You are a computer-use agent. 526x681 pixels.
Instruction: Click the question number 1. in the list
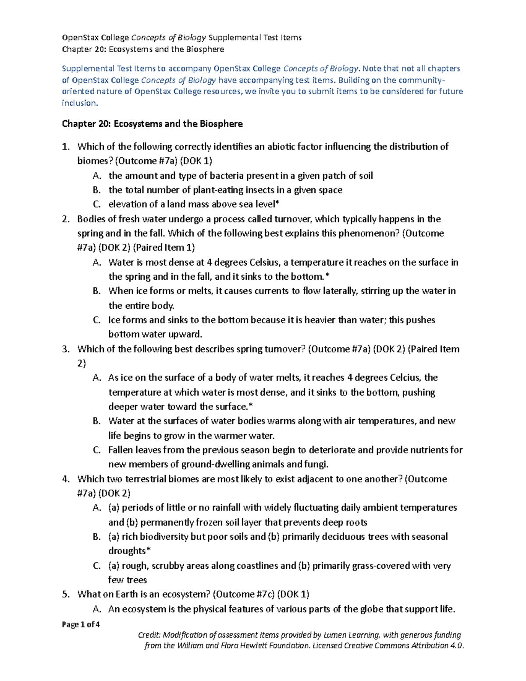(x=66, y=147)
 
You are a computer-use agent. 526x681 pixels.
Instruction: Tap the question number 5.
(x=66, y=595)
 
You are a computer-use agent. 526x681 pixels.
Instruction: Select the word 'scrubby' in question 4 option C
(x=168, y=566)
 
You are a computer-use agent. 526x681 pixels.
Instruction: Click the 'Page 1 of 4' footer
(x=81, y=624)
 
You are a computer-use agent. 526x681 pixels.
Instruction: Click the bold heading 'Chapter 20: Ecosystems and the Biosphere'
(x=152, y=124)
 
